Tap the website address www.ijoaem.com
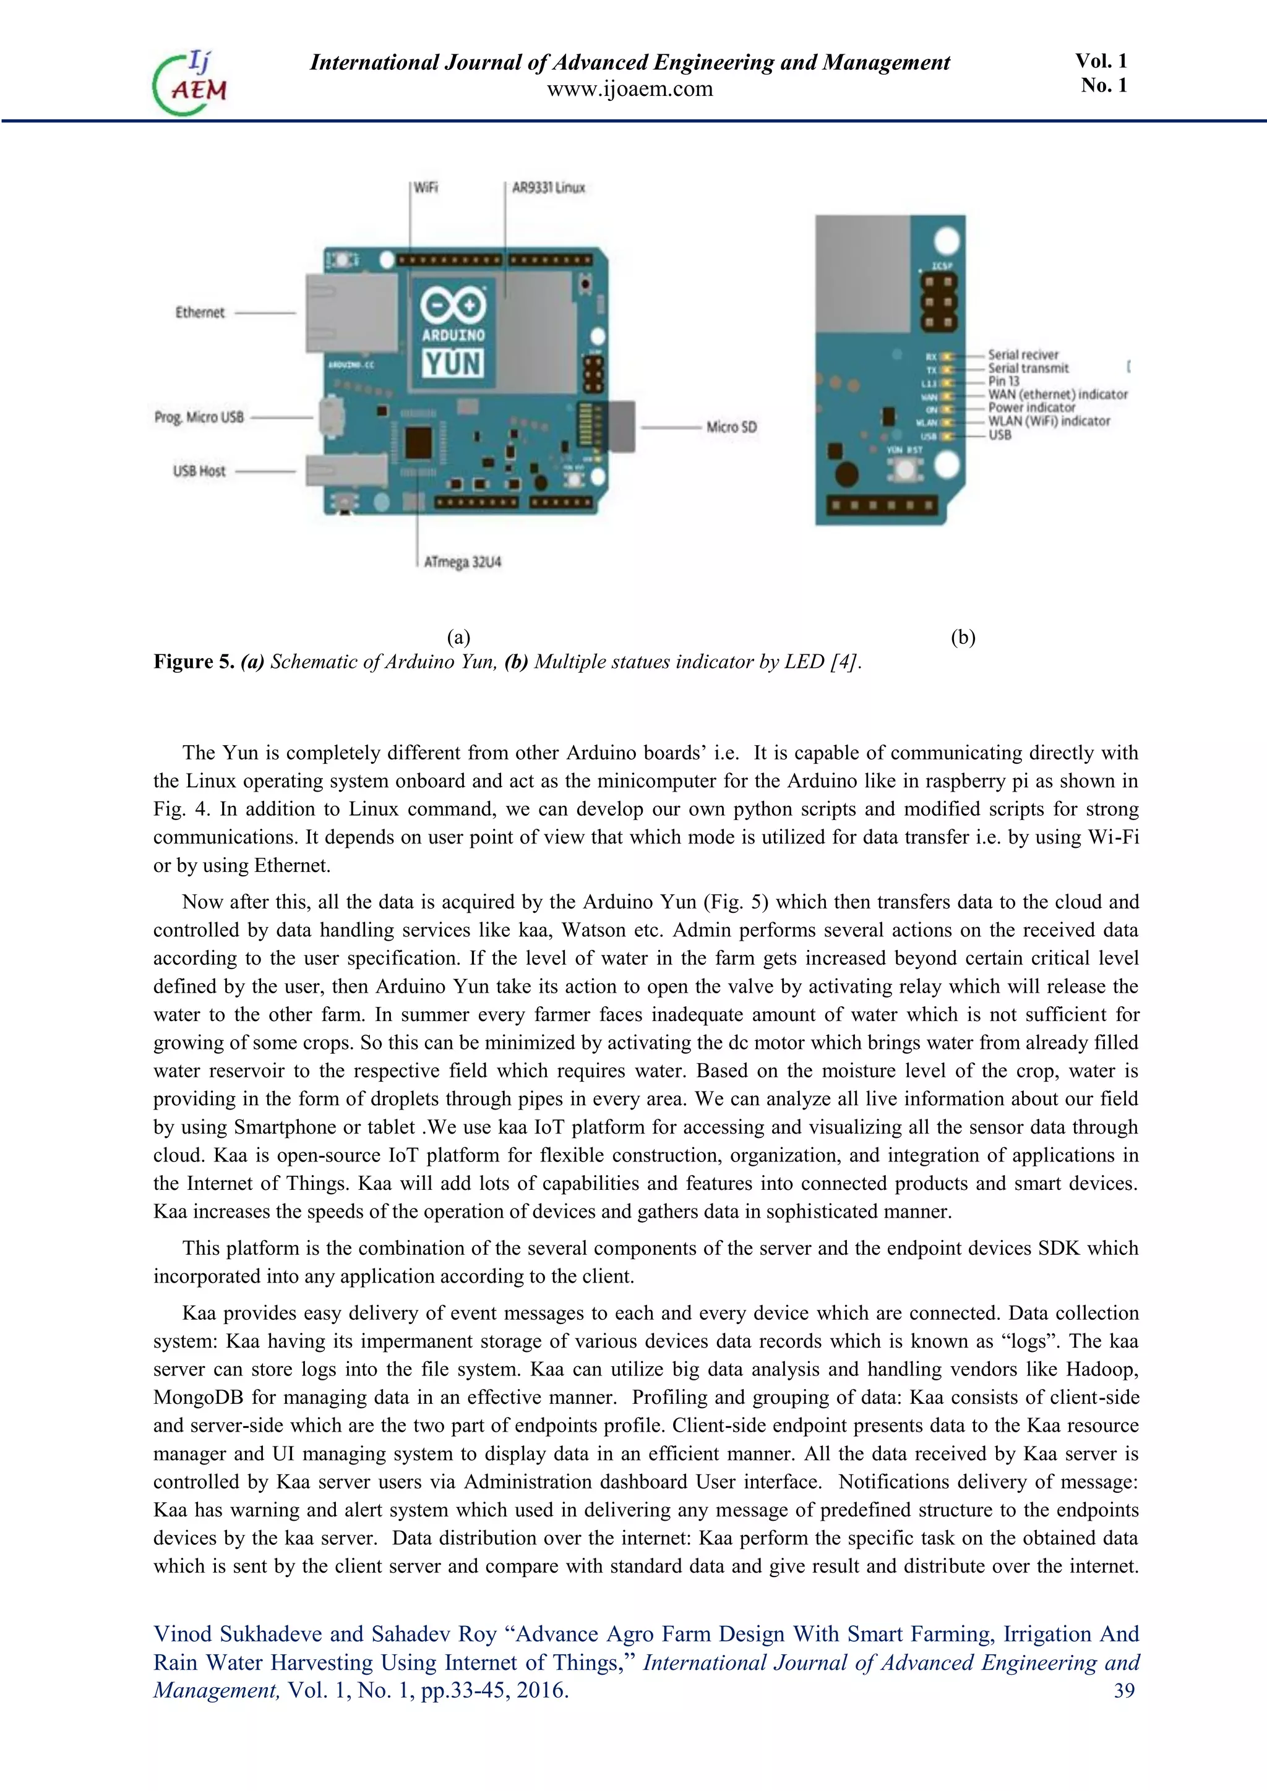point(630,89)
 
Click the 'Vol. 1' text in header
point(1101,61)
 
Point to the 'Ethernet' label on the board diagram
point(200,312)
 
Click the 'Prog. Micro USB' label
point(199,417)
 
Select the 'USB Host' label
point(199,471)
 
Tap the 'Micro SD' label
point(731,427)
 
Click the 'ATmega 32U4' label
point(462,562)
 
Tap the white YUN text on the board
point(452,364)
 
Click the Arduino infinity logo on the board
point(452,305)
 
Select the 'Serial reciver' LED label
point(1023,355)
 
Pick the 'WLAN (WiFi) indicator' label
point(1049,421)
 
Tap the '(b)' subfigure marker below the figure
point(963,638)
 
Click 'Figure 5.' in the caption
point(194,662)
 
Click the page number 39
point(1123,1690)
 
